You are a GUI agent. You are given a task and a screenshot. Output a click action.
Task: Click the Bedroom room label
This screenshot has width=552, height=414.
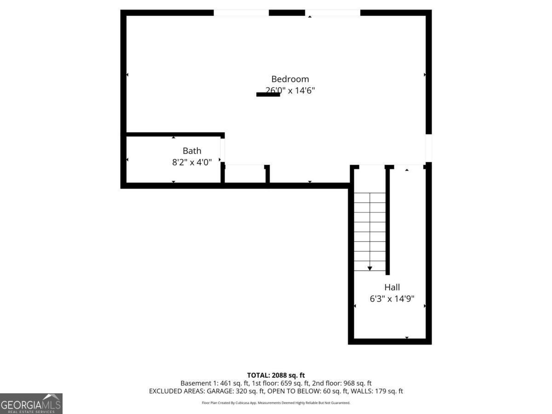coord(290,79)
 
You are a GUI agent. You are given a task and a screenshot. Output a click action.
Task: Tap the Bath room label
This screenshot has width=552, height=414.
coord(192,150)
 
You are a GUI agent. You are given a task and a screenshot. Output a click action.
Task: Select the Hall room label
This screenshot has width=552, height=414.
coord(392,287)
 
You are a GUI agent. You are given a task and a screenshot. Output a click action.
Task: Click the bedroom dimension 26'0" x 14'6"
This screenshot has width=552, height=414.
coord(290,91)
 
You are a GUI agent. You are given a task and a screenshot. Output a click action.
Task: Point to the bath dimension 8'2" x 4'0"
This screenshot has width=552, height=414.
coord(192,162)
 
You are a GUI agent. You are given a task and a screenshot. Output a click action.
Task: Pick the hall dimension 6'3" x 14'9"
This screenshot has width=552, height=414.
coord(392,299)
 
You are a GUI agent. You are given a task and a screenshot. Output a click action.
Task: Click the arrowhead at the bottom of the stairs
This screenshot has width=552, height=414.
coord(370,268)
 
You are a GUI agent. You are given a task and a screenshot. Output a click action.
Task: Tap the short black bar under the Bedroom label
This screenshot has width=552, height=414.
coord(268,95)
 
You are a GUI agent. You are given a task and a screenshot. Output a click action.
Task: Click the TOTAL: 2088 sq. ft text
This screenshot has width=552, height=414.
coord(276,375)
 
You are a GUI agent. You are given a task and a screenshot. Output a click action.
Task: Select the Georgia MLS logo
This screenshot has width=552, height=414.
coord(31,403)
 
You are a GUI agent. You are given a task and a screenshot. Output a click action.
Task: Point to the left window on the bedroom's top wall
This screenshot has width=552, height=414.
coord(241,13)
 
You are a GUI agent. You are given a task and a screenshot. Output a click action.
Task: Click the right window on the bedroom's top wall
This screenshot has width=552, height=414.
coord(333,13)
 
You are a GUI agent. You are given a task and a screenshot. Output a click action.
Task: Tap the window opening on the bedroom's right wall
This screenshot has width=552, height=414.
coord(428,148)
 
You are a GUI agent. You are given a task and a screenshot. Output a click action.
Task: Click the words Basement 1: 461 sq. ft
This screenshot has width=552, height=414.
coord(211,383)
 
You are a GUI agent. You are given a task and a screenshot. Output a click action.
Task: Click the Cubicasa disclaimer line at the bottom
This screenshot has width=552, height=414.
coord(276,403)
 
